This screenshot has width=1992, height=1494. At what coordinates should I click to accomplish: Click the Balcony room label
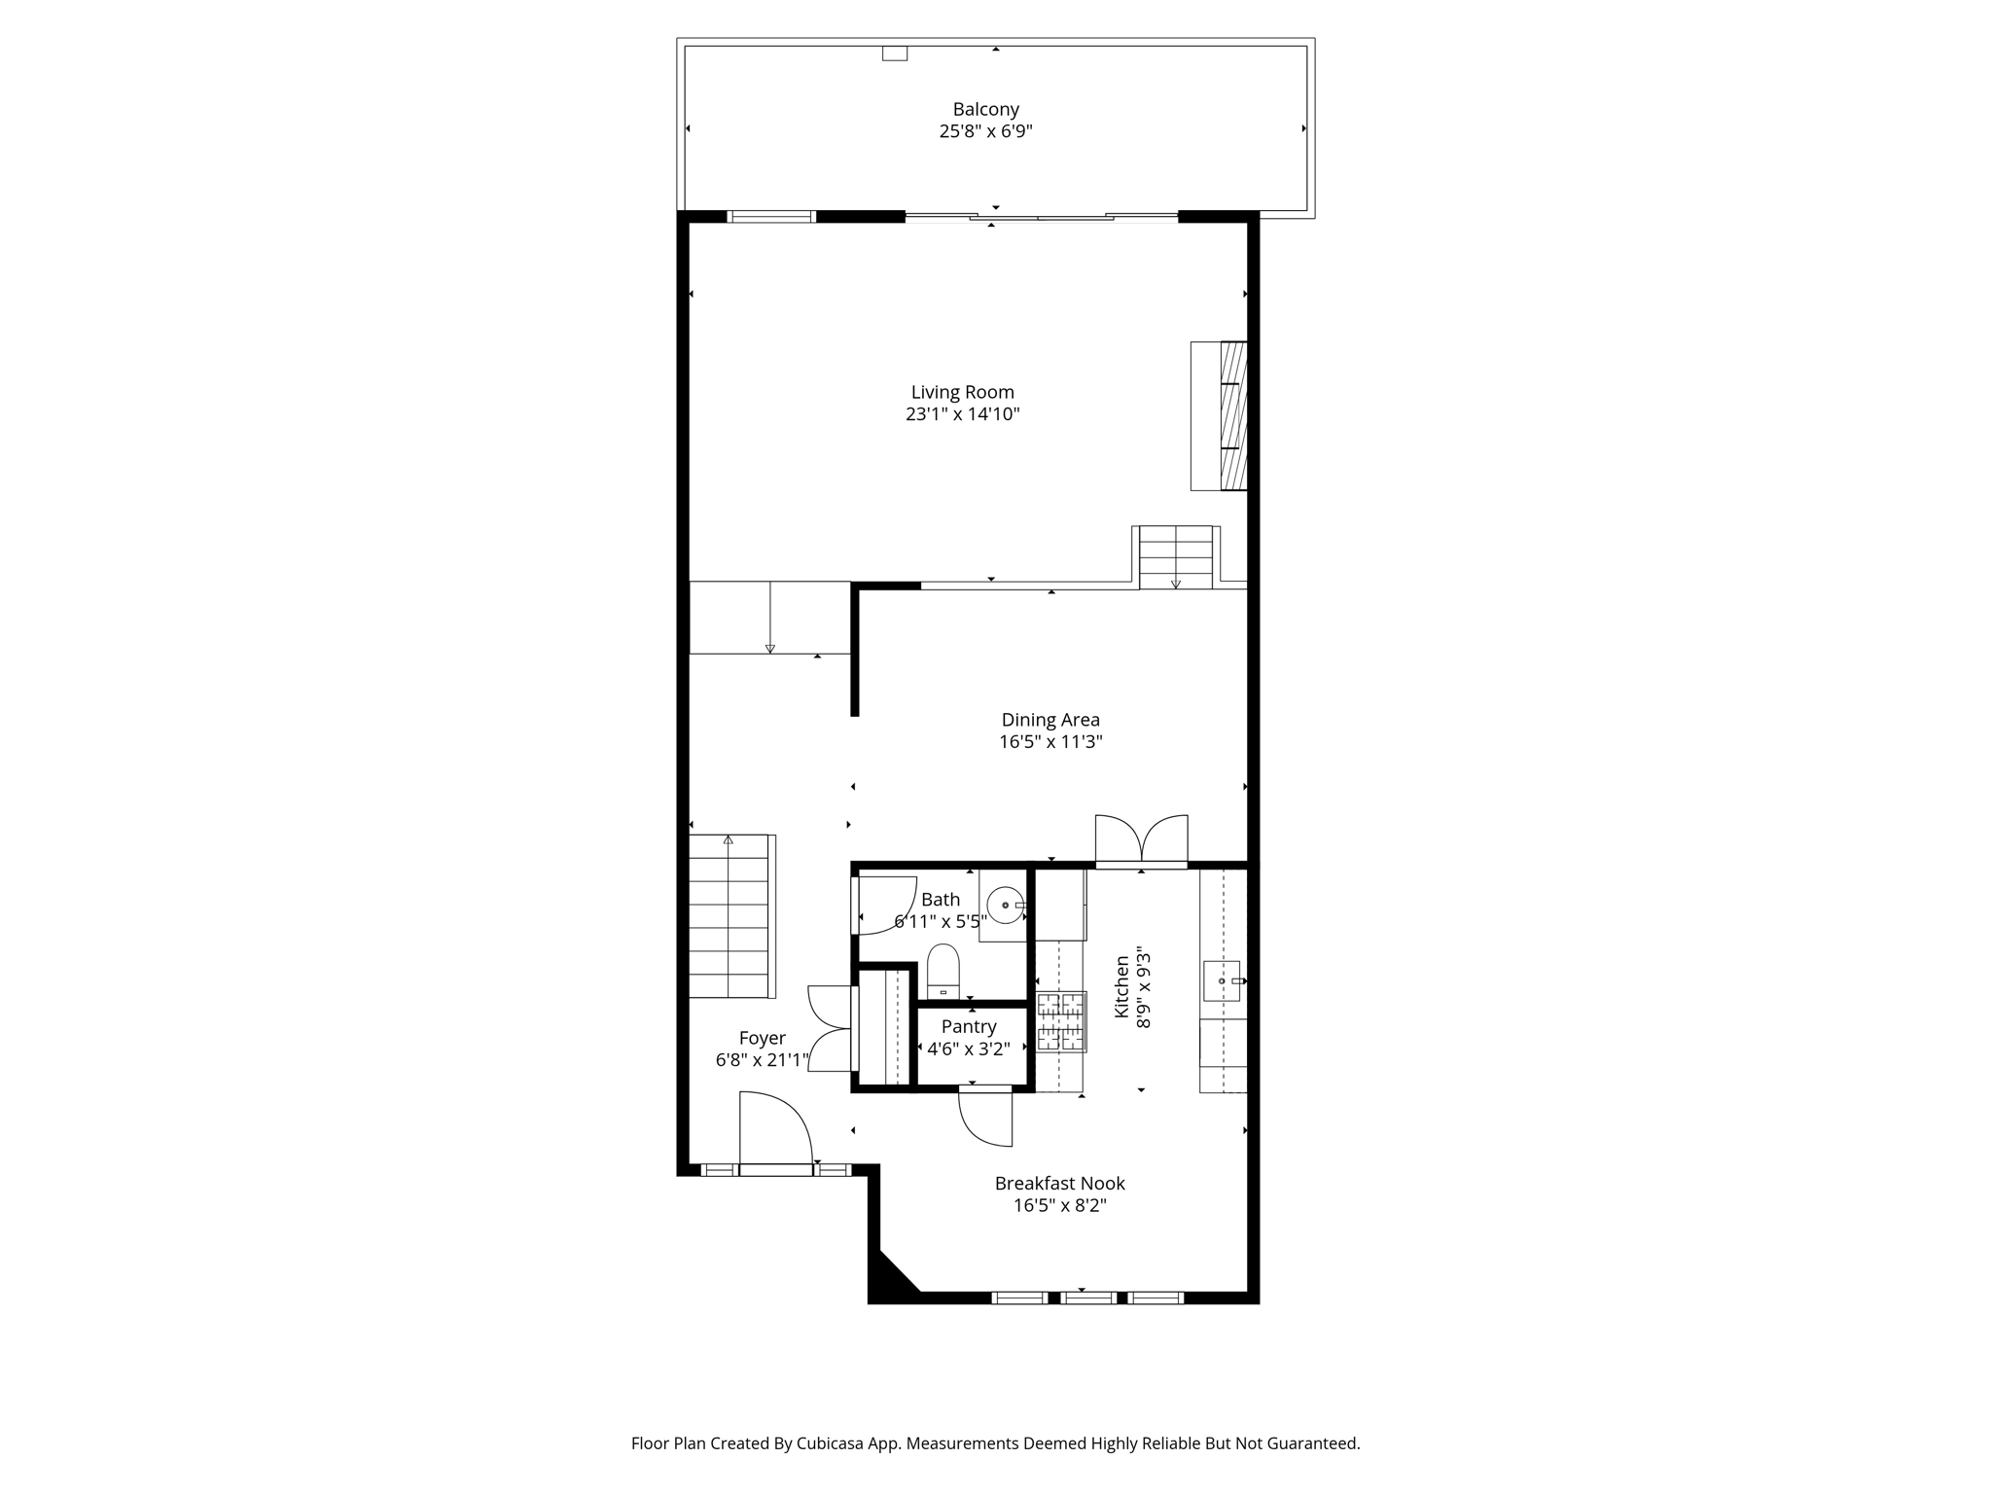click(x=985, y=110)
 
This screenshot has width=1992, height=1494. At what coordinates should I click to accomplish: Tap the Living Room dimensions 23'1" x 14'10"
click(x=962, y=414)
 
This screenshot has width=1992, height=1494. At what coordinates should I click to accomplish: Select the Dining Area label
click(x=1050, y=720)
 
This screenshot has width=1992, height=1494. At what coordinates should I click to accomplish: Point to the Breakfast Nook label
click(x=1059, y=1184)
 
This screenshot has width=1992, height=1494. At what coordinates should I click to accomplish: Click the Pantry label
click(x=969, y=1027)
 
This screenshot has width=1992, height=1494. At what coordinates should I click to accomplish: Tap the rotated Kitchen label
click(x=1121, y=987)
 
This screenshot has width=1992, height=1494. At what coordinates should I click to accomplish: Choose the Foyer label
click(x=762, y=1038)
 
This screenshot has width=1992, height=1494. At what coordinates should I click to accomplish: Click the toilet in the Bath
click(x=943, y=972)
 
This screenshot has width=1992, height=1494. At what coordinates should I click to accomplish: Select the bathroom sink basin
click(x=1005, y=906)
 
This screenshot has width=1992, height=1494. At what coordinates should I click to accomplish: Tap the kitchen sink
click(x=1222, y=980)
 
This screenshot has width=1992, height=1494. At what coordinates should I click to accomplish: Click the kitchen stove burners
click(x=1061, y=1021)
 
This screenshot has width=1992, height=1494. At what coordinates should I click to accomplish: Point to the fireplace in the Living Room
click(x=1219, y=415)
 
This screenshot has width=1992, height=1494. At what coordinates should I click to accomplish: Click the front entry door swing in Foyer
click(x=776, y=1128)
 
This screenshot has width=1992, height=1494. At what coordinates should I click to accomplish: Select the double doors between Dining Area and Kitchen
click(x=1142, y=839)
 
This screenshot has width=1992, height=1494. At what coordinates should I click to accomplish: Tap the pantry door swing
click(x=985, y=1118)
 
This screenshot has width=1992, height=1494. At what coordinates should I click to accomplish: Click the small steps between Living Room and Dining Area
click(x=1176, y=557)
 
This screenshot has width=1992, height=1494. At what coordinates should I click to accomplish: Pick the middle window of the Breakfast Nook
click(x=1088, y=1298)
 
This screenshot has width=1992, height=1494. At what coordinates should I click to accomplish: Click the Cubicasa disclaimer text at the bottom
click(x=995, y=1443)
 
